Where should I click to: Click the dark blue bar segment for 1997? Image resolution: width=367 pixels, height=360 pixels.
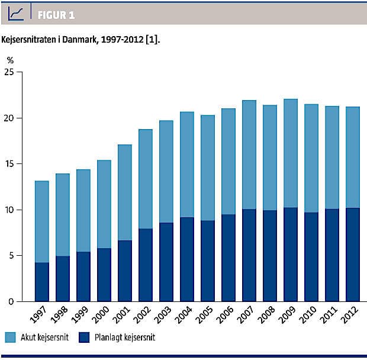(x=41, y=282)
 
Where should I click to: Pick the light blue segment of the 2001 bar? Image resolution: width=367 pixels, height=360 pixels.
(x=124, y=192)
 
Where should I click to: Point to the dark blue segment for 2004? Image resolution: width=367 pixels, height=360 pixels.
(x=186, y=259)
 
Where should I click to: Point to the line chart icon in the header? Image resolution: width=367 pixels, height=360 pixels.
(x=16, y=12)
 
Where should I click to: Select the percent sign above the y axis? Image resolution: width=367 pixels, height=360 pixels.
(x=10, y=60)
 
